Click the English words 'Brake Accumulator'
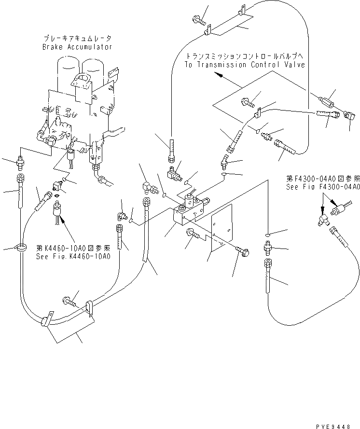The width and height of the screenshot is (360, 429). [77, 47]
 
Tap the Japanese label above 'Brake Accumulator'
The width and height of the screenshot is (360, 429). [77, 38]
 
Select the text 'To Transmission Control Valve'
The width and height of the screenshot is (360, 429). [246, 65]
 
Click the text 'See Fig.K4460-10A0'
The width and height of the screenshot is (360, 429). [73, 256]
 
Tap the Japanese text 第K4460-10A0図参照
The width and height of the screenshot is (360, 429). [73, 248]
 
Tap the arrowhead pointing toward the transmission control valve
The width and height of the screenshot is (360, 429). [218, 74]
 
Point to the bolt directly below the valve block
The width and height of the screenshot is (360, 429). [191, 235]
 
